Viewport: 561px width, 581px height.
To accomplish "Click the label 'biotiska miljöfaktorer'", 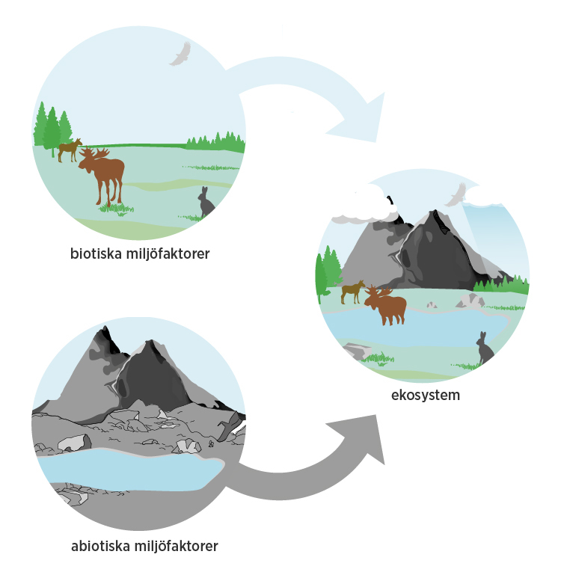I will [x=140, y=253].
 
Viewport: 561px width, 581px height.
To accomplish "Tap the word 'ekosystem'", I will [x=424, y=394].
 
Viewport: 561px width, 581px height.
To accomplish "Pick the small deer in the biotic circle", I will [x=70, y=149].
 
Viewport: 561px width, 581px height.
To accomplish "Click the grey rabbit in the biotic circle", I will [x=206, y=203].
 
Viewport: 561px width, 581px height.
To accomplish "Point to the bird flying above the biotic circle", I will [x=180, y=54].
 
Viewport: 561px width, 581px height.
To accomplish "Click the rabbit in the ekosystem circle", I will [x=485, y=348].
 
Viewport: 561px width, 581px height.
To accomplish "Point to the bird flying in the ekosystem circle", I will [x=455, y=195].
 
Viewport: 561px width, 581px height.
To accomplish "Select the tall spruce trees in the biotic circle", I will [x=51, y=127].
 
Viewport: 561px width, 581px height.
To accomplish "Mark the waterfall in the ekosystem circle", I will [x=486, y=232].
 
